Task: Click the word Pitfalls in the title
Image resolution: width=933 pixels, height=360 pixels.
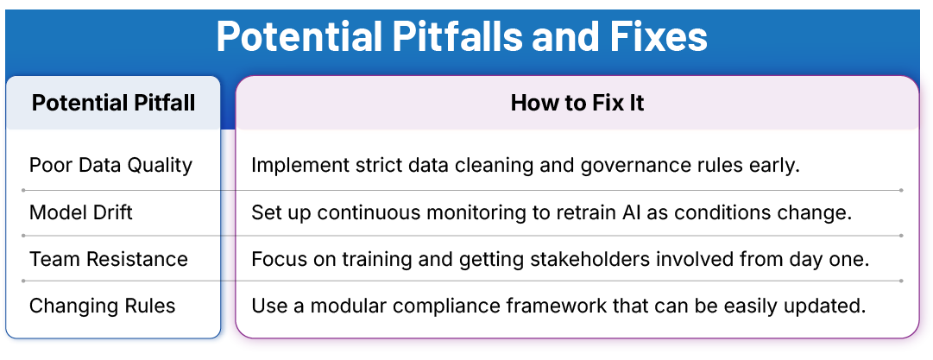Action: [x=451, y=36]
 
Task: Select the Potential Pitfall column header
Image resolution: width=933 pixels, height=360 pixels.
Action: [x=113, y=104]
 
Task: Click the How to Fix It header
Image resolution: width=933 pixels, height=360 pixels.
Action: [x=577, y=104]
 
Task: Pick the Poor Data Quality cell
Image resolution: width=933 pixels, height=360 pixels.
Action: [x=110, y=165]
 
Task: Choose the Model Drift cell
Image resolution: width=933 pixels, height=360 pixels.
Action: [x=81, y=212]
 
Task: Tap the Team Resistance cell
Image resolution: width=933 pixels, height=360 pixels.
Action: [x=109, y=259]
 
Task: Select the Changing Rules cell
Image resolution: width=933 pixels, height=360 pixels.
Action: [x=102, y=306]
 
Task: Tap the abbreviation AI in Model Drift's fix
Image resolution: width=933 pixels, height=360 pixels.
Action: [x=646, y=212]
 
